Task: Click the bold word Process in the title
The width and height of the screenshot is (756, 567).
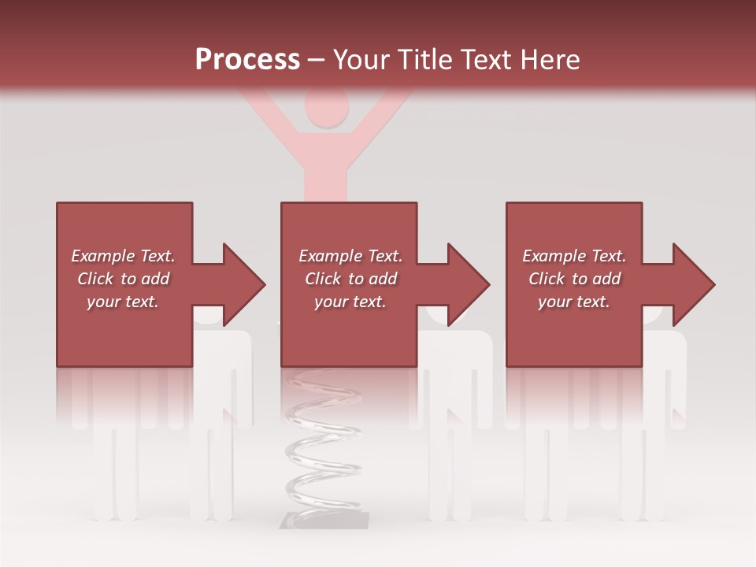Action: [x=247, y=60]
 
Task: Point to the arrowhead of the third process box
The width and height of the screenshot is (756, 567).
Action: [x=692, y=284]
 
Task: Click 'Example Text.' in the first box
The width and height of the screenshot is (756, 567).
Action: [x=123, y=256]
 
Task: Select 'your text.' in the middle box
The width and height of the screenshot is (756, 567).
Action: [x=350, y=302]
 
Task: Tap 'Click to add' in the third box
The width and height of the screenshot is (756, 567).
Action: [x=574, y=279]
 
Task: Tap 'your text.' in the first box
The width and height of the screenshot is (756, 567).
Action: [x=123, y=302]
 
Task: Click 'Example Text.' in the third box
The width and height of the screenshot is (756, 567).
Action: [x=574, y=256]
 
